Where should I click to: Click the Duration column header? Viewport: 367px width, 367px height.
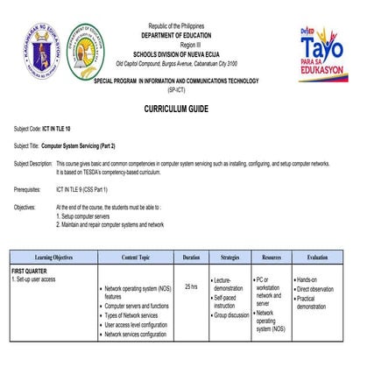[191, 258]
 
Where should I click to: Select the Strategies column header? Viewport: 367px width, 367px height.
[229, 258]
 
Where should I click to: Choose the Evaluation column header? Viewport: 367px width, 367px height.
[317, 258]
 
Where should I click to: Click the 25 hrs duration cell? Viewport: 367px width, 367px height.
[191, 286]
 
